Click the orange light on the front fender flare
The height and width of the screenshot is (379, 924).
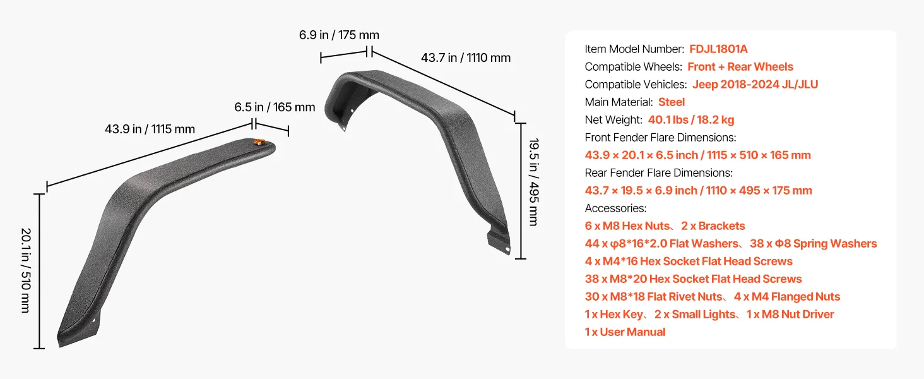259,142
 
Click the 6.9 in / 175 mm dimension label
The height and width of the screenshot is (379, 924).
339,35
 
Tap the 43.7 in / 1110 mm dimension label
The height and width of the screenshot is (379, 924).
466,58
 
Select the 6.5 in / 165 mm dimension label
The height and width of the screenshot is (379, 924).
275,107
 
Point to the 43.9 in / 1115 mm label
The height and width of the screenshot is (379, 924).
150,129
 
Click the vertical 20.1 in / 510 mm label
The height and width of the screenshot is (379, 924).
26,270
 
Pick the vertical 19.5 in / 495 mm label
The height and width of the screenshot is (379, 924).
534,182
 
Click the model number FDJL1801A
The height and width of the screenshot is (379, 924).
718,49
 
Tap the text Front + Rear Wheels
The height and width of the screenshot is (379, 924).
740,67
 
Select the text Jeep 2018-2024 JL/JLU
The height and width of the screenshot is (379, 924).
755,85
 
